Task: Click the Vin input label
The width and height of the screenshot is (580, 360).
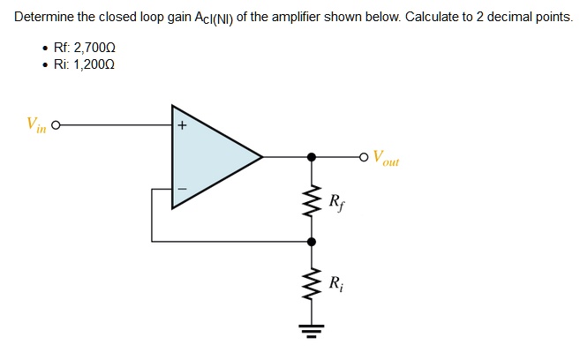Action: (x=36, y=125)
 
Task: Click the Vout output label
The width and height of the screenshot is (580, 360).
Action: (x=386, y=160)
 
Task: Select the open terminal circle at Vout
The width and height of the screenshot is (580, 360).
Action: (x=364, y=157)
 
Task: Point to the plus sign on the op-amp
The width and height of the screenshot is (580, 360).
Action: (x=181, y=126)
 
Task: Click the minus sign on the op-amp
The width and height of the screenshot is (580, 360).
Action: (x=181, y=188)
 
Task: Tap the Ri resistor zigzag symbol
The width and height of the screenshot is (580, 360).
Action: (x=310, y=284)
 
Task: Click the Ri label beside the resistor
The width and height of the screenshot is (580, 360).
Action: (x=336, y=284)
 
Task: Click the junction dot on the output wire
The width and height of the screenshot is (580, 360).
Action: (x=310, y=157)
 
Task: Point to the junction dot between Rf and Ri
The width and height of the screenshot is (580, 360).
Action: (x=310, y=240)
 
